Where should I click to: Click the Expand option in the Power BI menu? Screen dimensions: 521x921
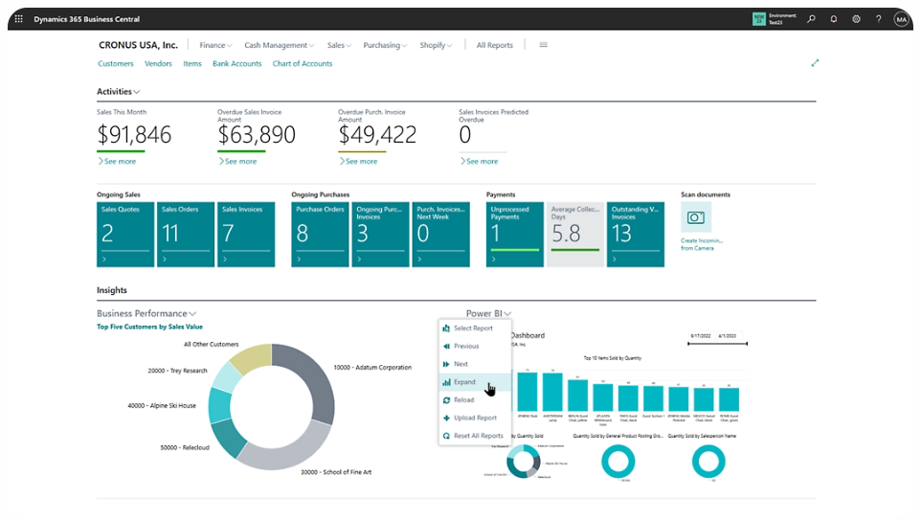tap(465, 382)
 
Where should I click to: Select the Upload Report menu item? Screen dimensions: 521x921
tap(475, 418)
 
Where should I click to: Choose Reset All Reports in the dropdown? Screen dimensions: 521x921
tap(478, 436)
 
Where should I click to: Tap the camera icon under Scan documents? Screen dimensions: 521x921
tap(696, 217)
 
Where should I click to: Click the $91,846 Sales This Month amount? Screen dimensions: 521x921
tap(134, 135)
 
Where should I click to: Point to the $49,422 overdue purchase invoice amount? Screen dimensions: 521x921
tap(377, 135)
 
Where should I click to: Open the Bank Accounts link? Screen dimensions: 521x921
tap(236, 64)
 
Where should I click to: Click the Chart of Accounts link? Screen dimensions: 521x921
tap(303, 64)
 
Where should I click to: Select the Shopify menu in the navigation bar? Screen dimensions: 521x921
tap(435, 45)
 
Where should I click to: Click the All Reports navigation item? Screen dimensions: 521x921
tap(494, 45)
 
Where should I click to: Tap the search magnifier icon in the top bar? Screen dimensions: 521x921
tap(811, 19)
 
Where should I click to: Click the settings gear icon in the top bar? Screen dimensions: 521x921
tap(856, 19)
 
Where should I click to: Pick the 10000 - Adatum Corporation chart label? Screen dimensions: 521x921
tap(372, 367)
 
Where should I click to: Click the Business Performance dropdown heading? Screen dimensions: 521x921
tap(146, 313)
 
